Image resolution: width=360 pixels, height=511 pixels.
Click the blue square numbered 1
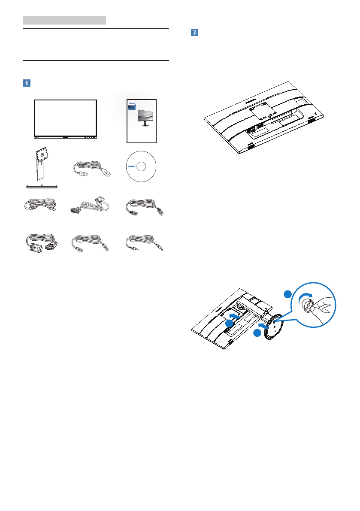tap(27, 83)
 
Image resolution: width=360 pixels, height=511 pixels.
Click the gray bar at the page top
tap(64, 20)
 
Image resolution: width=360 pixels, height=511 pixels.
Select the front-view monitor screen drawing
tap(65, 118)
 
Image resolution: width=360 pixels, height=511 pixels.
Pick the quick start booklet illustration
tap(142, 121)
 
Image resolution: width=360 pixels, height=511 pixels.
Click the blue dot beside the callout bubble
tap(287, 294)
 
